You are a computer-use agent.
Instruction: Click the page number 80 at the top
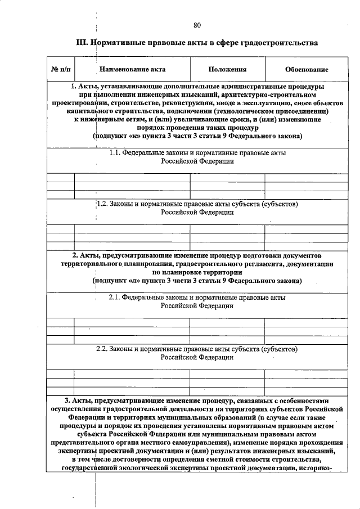197,25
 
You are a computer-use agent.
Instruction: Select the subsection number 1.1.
114,152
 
